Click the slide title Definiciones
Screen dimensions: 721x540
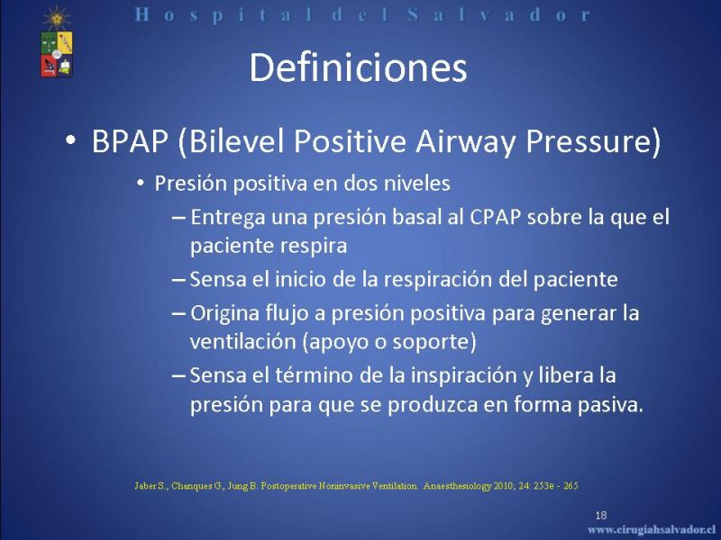pos(358,68)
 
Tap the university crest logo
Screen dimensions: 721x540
pos(57,41)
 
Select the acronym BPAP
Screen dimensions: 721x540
pos(130,140)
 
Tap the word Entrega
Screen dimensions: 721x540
pos(228,218)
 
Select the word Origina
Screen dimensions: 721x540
pos(224,314)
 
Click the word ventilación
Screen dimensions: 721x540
pos(242,342)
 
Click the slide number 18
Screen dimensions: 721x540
pos(601,515)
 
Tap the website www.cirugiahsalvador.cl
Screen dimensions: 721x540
pos(653,528)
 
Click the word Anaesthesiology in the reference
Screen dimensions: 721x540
pos(457,486)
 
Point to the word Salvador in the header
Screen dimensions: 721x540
pos(499,14)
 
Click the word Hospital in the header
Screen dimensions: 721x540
pos(223,15)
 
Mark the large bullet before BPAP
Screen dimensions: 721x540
pos(70,140)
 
